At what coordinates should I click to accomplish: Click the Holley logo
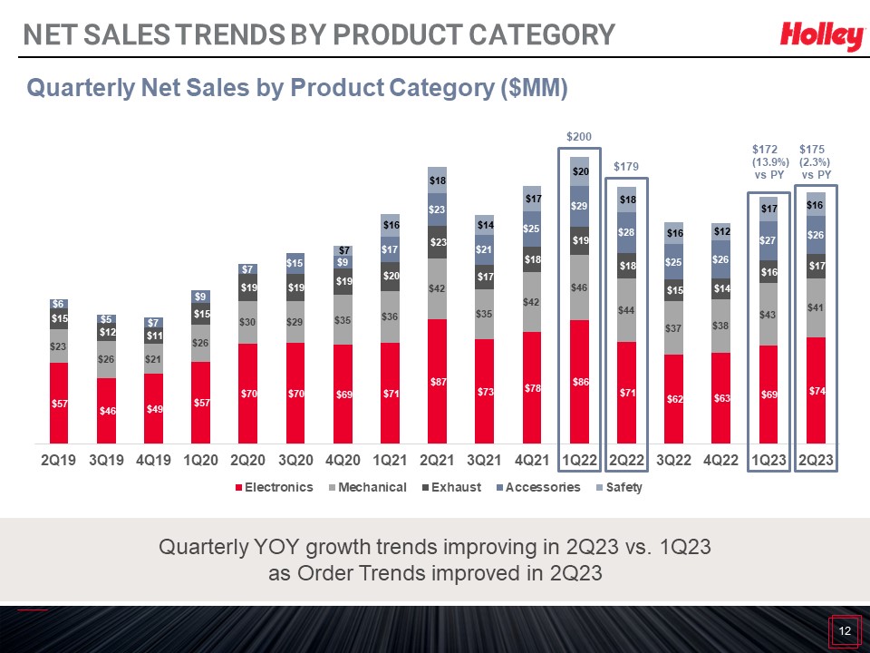coord(821,36)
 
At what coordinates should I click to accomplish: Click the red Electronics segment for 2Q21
coord(437,380)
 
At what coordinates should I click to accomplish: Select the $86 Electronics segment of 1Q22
coord(579,382)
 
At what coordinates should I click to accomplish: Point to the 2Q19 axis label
coord(59,460)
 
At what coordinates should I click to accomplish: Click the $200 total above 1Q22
coord(579,136)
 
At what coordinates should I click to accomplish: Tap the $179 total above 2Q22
coord(627,167)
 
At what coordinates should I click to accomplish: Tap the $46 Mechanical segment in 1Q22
coord(579,287)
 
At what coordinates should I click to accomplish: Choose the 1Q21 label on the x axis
coord(390,460)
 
